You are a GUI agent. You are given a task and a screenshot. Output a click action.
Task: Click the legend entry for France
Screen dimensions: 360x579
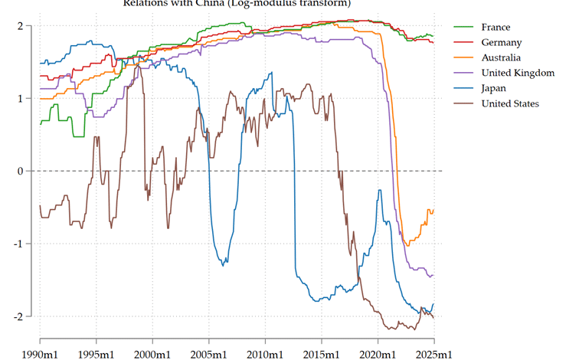495,28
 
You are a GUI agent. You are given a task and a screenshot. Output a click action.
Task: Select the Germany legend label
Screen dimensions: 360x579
501,43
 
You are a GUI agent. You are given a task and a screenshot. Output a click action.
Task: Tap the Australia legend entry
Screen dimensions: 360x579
501,58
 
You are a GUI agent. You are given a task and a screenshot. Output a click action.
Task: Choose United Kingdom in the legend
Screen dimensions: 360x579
517,73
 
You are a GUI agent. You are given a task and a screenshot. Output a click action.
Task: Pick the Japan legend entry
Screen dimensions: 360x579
493,88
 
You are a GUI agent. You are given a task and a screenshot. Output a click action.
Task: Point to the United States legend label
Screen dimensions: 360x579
510,103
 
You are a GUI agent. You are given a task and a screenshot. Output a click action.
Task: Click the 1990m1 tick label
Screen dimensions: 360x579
40,353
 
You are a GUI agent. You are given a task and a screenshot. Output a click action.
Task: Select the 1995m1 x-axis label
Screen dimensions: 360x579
96,353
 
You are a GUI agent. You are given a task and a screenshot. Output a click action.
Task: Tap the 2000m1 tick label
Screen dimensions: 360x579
152,353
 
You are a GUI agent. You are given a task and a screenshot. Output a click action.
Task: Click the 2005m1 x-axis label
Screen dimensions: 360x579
209,353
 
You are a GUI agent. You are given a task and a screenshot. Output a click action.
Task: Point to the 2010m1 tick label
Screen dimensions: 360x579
265,353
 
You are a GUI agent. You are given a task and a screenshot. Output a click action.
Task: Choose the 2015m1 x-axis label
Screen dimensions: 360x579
322,353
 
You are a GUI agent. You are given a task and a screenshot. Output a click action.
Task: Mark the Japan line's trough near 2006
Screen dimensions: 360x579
223,265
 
